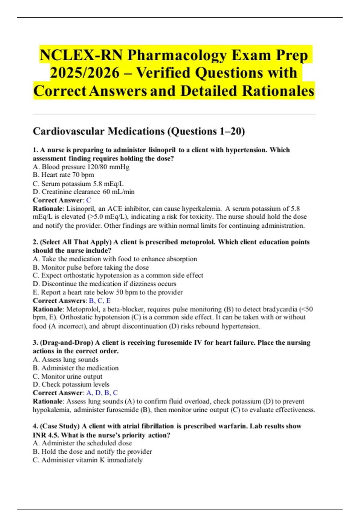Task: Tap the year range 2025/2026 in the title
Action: click(85, 73)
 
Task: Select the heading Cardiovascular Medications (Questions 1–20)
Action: click(139, 131)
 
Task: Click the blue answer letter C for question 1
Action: click(88, 200)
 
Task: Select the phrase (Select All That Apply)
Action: click(76, 242)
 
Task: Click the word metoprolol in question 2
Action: click(197, 242)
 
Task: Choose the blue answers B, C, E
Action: click(100, 301)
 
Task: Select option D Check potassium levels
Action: click(71, 384)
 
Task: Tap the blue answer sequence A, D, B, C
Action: click(102, 393)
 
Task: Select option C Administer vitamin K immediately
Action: click(88, 460)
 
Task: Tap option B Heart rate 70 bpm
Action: click(63, 175)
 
